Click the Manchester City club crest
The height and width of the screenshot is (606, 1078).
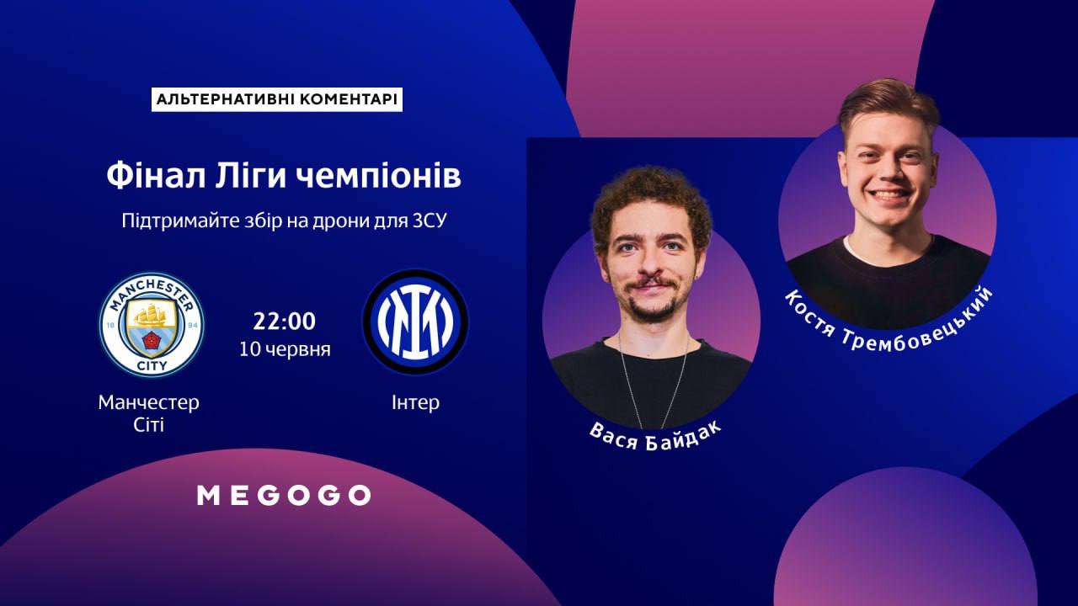coord(152,325)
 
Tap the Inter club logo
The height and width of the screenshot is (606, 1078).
coord(415,322)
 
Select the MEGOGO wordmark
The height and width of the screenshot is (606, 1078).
coord(284,496)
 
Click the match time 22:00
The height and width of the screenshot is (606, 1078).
coord(285,322)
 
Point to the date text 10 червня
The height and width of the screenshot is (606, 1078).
coord(285,349)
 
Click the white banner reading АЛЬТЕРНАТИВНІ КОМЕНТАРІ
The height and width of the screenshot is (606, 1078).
coord(277,99)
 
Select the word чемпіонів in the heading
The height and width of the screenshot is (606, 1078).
coord(378,177)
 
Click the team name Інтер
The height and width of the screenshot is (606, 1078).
coord(415,402)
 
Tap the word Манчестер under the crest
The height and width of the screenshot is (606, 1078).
coord(149,402)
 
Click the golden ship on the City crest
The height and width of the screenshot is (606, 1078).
coord(151,315)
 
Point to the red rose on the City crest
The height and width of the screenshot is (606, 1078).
coord(151,341)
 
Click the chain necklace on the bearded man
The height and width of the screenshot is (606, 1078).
coord(654,385)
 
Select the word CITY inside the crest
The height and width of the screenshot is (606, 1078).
coord(152,366)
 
